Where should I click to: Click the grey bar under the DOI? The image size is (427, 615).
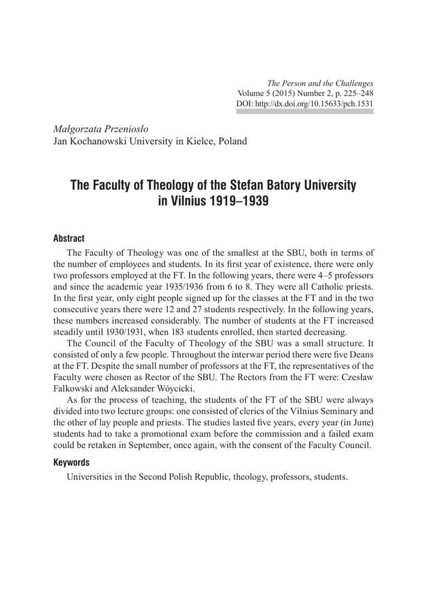click(305, 112)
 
